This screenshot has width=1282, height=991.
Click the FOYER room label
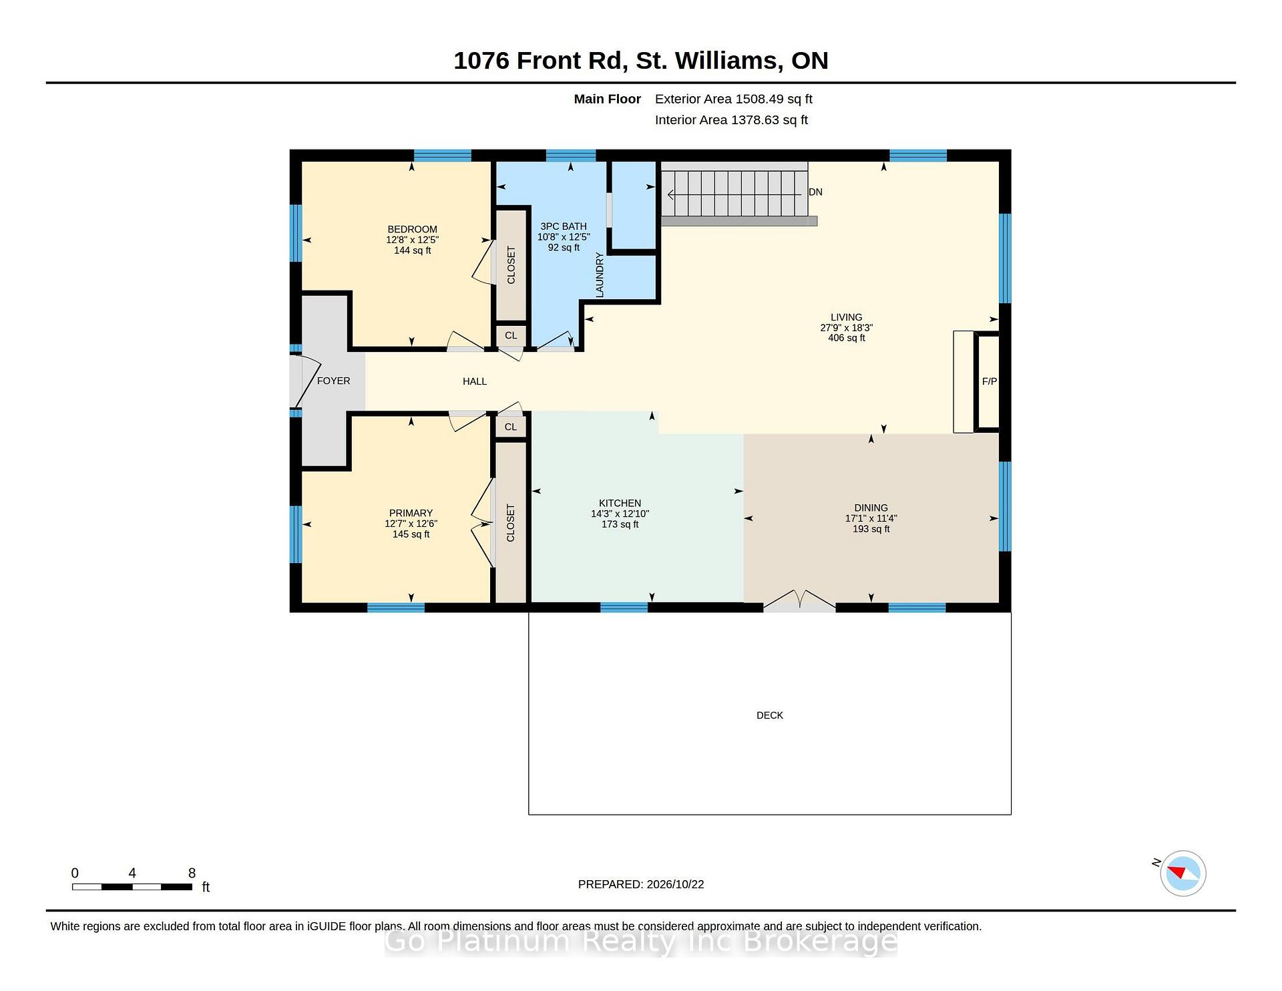[333, 381]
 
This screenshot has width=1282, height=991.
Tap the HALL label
[475, 381]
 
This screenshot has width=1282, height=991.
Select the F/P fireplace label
[990, 381]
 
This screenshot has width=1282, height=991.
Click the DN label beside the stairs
[815, 192]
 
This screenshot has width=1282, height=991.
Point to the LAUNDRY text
[600, 274]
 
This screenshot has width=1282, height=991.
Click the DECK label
[770, 715]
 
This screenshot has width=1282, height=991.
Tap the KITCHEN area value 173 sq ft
[620, 524]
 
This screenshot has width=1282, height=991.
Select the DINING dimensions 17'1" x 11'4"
[871, 518]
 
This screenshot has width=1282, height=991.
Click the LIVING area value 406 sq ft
[847, 338]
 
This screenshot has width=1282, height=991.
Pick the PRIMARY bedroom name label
[411, 513]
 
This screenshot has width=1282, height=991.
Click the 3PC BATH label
[564, 226]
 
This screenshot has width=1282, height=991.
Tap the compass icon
[1183, 873]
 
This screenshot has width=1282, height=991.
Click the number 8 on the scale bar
[192, 873]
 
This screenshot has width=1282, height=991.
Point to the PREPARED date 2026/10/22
[675, 884]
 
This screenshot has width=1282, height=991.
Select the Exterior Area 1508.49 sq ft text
[733, 99]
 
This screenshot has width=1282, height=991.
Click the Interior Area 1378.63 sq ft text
[731, 120]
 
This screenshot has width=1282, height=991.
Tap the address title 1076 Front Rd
[540, 60]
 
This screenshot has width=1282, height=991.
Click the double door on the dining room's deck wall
[799, 600]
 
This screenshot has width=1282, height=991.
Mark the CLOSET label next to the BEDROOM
[511, 265]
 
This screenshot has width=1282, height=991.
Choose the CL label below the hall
[511, 427]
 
